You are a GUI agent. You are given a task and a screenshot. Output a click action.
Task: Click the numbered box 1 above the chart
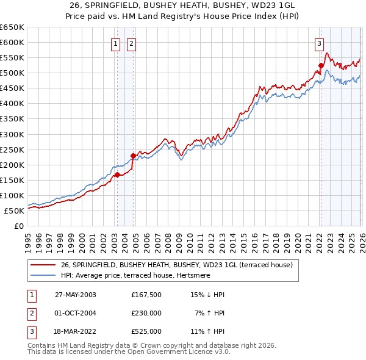tap(116, 43)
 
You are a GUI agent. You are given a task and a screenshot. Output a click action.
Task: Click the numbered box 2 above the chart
tap(131, 43)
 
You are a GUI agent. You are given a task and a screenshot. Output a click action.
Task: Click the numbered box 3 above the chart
tap(319, 43)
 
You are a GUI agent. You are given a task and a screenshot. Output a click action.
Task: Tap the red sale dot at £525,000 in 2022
tap(321, 65)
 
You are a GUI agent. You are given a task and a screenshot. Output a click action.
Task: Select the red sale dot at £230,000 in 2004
tap(133, 156)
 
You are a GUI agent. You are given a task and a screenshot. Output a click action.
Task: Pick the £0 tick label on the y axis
tap(19, 226)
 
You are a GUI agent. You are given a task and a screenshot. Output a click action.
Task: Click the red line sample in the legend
tap(44, 265)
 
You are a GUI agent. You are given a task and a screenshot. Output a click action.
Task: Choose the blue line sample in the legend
tap(44, 275)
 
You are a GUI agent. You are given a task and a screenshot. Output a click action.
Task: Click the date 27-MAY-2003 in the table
tap(76, 294)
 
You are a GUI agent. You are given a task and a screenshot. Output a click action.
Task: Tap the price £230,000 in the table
tap(146, 313)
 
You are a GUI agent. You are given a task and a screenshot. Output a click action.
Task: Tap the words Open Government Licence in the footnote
tap(178, 352)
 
